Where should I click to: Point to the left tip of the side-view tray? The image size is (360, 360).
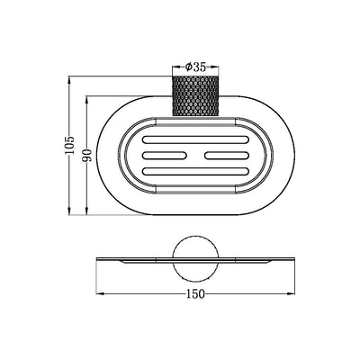tap(98, 259)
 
